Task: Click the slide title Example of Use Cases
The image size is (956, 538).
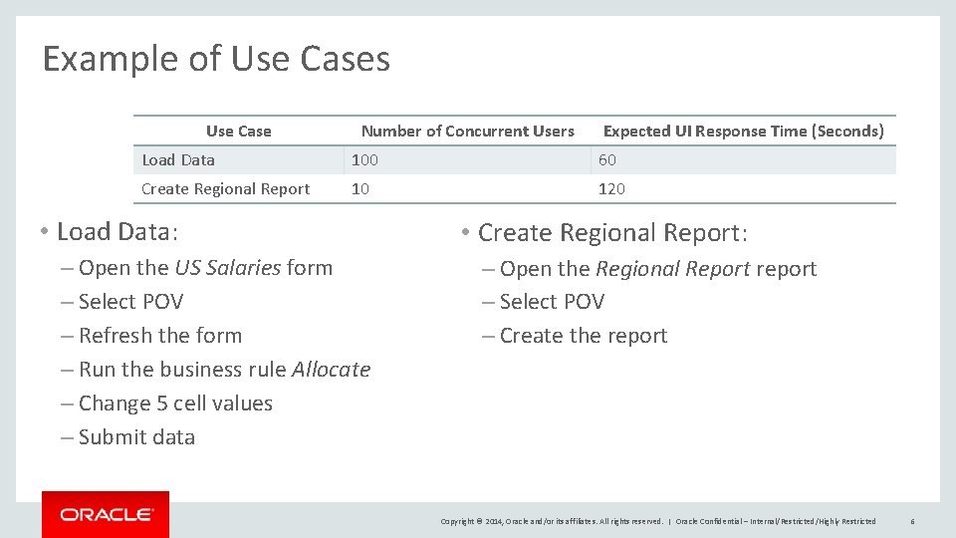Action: click(x=216, y=60)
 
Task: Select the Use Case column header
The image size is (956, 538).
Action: click(x=238, y=132)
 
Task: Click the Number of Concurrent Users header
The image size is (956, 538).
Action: click(x=467, y=132)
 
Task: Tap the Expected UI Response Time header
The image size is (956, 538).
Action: click(x=743, y=132)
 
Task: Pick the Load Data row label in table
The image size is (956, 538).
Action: click(x=178, y=160)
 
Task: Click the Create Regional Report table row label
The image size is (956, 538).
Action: click(x=225, y=189)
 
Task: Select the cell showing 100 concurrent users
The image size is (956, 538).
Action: click(x=364, y=160)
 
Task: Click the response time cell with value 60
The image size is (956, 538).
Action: click(x=606, y=160)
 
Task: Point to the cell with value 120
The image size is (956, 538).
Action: click(x=611, y=189)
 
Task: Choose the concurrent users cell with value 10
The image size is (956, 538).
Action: click(x=360, y=189)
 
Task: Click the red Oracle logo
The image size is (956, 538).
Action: click(x=106, y=514)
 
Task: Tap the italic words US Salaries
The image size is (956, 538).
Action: click(x=227, y=268)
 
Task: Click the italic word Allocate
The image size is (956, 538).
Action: click(x=331, y=370)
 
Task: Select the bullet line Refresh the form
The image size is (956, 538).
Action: click(x=159, y=336)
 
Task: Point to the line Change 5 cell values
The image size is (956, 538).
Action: click(x=174, y=403)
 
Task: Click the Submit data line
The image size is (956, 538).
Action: click(x=136, y=437)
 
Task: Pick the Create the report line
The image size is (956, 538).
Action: click(x=583, y=336)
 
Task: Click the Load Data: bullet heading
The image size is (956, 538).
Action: click(x=117, y=232)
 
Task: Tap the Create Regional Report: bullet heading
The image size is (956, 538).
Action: click(x=611, y=233)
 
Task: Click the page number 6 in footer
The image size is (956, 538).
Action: click(x=912, y=521)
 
